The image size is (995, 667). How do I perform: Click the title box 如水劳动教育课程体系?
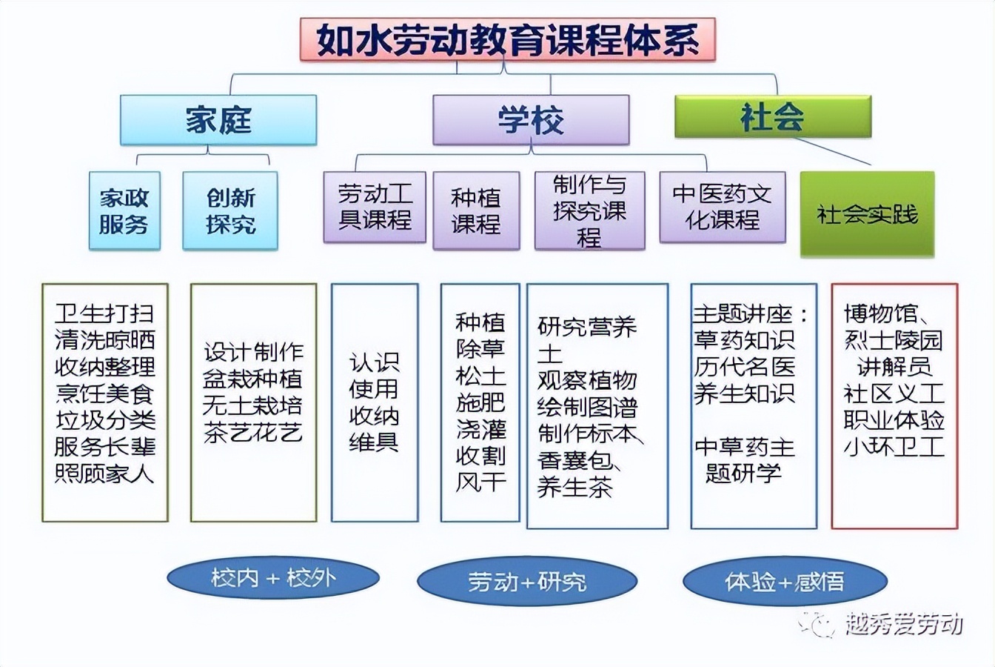click(508, 40)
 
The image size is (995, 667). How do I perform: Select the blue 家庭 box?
click(218, 119)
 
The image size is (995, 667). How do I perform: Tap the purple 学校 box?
click(531, 119)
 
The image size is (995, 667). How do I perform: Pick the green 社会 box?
click(771, 116)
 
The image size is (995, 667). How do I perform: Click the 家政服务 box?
click(124, 210)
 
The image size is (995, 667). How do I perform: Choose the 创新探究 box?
click(230, 210)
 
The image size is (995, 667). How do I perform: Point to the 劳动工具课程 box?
click(375, 208)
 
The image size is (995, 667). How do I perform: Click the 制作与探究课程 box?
click(589, 210)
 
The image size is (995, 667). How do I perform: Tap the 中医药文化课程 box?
click(722, 208)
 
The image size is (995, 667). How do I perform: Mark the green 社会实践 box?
click(867, 215)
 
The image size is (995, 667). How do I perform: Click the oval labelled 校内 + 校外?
click(273, 578)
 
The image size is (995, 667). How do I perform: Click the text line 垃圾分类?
click(105, 420)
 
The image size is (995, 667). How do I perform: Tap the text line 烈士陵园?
click(894, 340)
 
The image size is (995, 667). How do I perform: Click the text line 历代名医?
click(744, 366)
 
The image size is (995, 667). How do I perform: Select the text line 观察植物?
click(587, 380)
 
